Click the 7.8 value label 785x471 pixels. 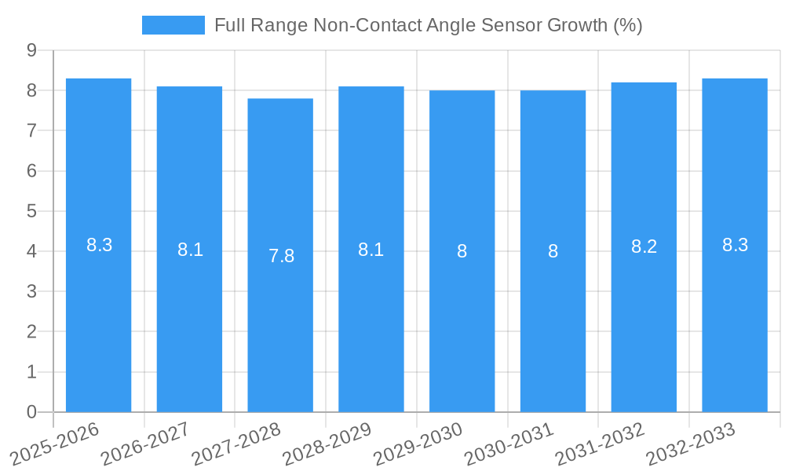281,256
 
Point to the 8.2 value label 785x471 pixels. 644,246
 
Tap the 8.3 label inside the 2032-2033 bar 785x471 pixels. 735,245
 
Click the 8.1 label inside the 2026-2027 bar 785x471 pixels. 190,250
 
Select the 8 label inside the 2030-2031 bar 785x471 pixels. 553,251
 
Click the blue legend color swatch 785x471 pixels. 173,25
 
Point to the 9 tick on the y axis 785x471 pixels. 31,50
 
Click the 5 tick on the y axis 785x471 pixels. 31,211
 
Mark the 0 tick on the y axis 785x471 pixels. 31,412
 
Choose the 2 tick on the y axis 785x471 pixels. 31,332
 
